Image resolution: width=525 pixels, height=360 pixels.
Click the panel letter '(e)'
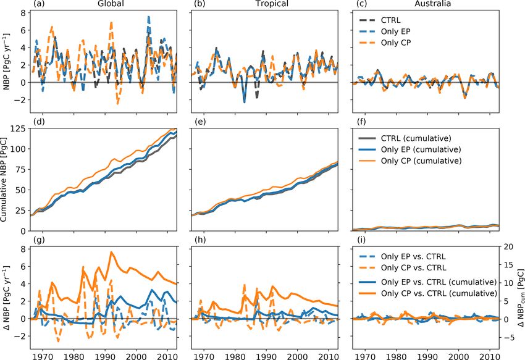click(x=200, y=122)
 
